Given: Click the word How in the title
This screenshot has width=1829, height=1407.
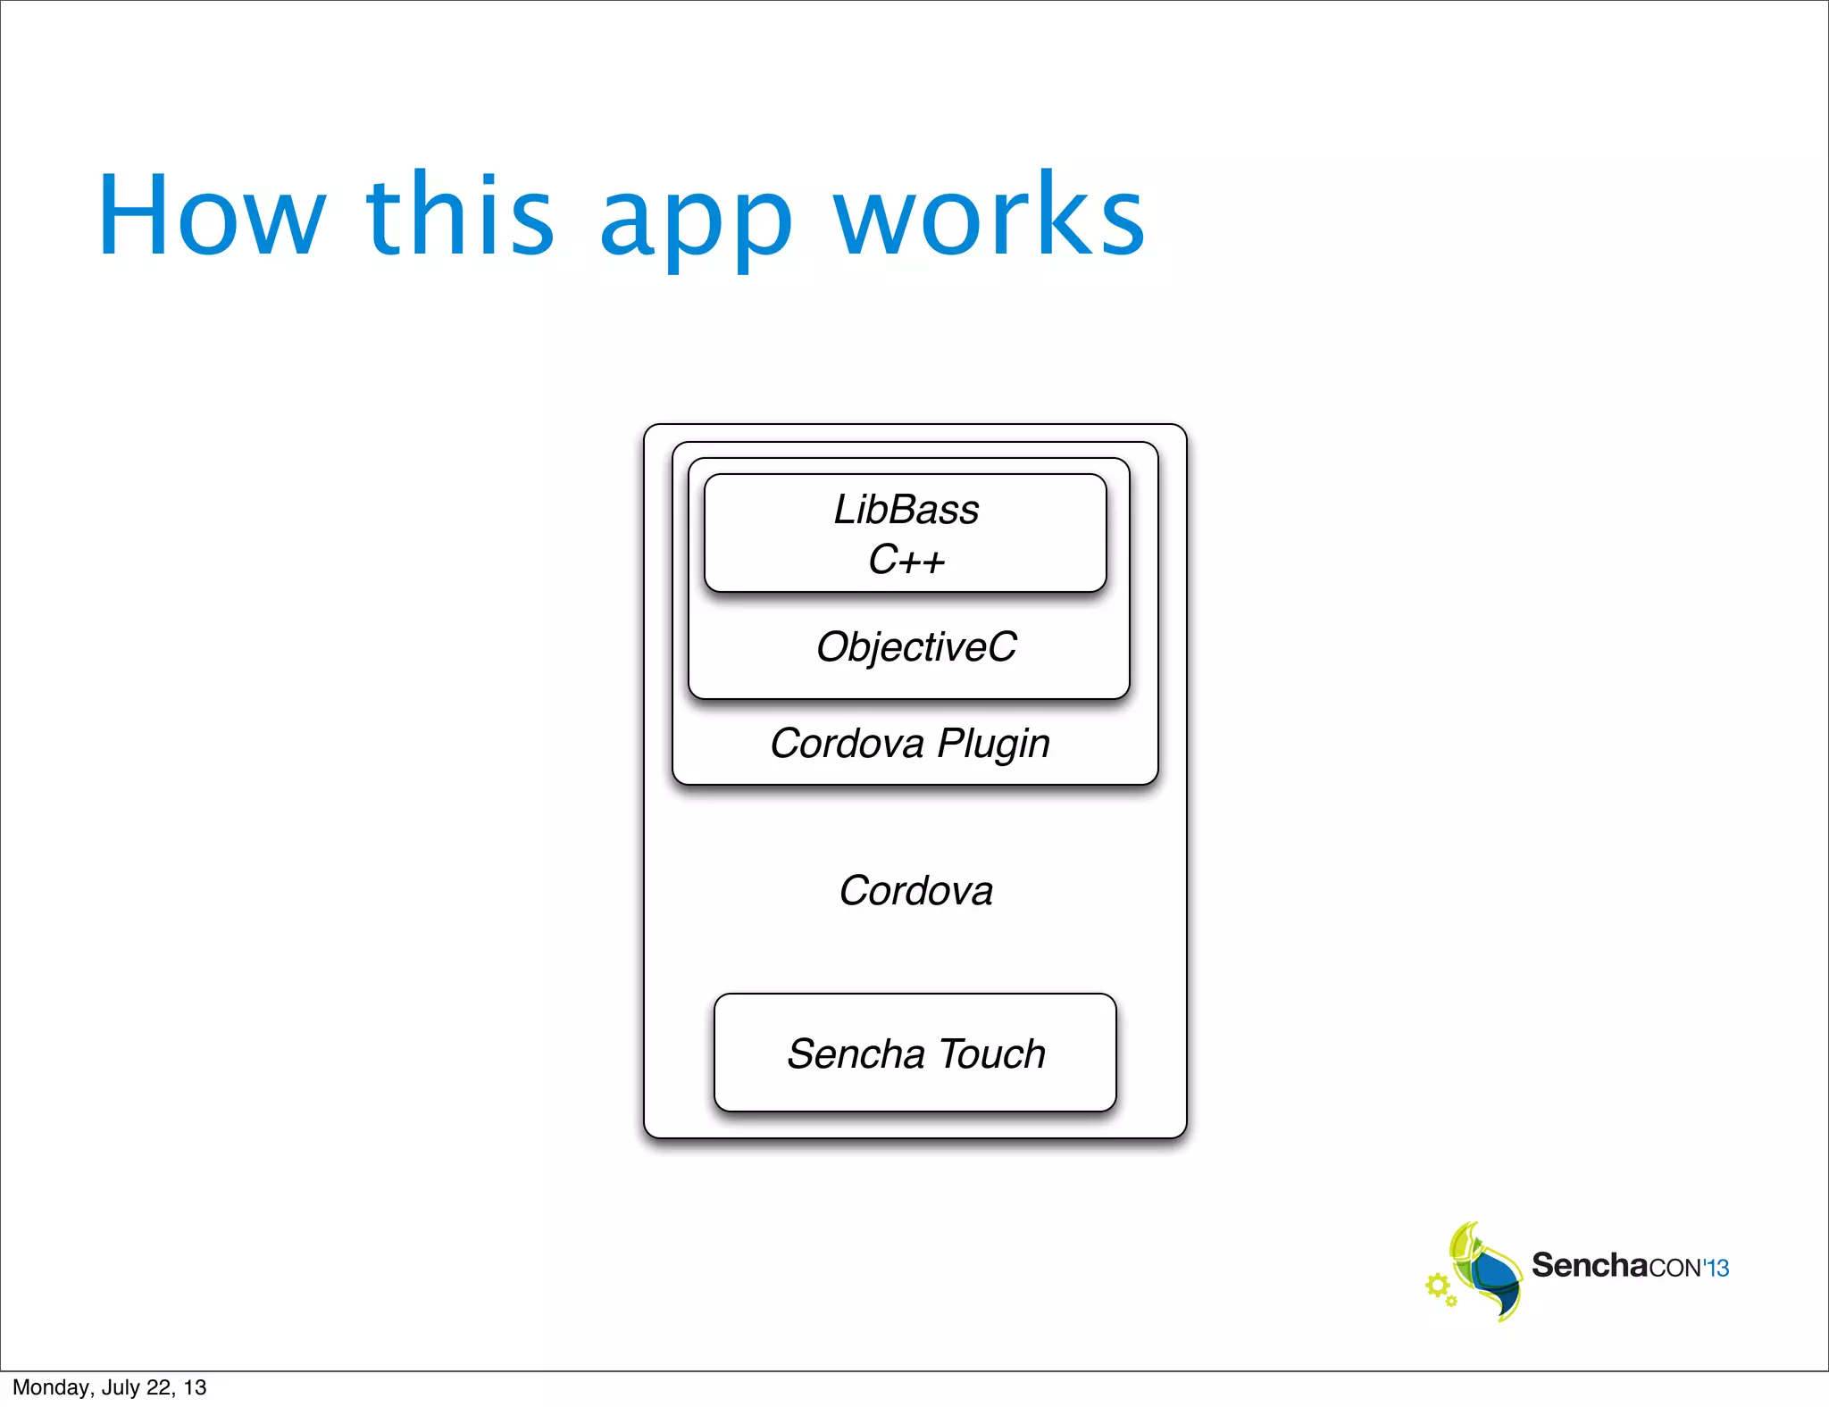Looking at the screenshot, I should click(x=212, y=216).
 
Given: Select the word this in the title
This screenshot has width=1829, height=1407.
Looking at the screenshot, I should click(x=461, y=216).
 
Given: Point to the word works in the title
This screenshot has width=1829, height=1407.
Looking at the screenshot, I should click(x=989, y=216).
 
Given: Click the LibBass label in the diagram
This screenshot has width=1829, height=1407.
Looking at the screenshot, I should click(x=906, y=510).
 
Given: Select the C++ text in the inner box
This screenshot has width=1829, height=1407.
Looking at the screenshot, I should click(x=906, y=560).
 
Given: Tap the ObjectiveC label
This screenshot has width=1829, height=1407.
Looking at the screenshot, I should click(x=916, y=647).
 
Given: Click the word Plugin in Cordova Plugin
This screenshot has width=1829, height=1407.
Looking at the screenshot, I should click(x=993, y=744).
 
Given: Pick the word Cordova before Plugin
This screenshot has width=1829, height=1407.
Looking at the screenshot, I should click(x=847, y=744).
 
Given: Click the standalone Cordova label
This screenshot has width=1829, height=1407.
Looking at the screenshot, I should click(x=915, y=891).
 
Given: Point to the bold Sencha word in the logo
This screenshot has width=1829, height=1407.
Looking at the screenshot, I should click(x=1590, y=1265).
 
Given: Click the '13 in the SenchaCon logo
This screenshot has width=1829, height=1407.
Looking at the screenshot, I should click(x=1716, y=1268).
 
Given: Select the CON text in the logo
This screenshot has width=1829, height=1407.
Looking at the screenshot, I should click(x=1674, y=1268).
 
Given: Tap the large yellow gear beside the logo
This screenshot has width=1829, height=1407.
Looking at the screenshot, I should click(x=1437, y=1286).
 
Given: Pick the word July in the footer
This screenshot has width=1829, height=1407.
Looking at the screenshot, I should click(x=121, y=1387).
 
